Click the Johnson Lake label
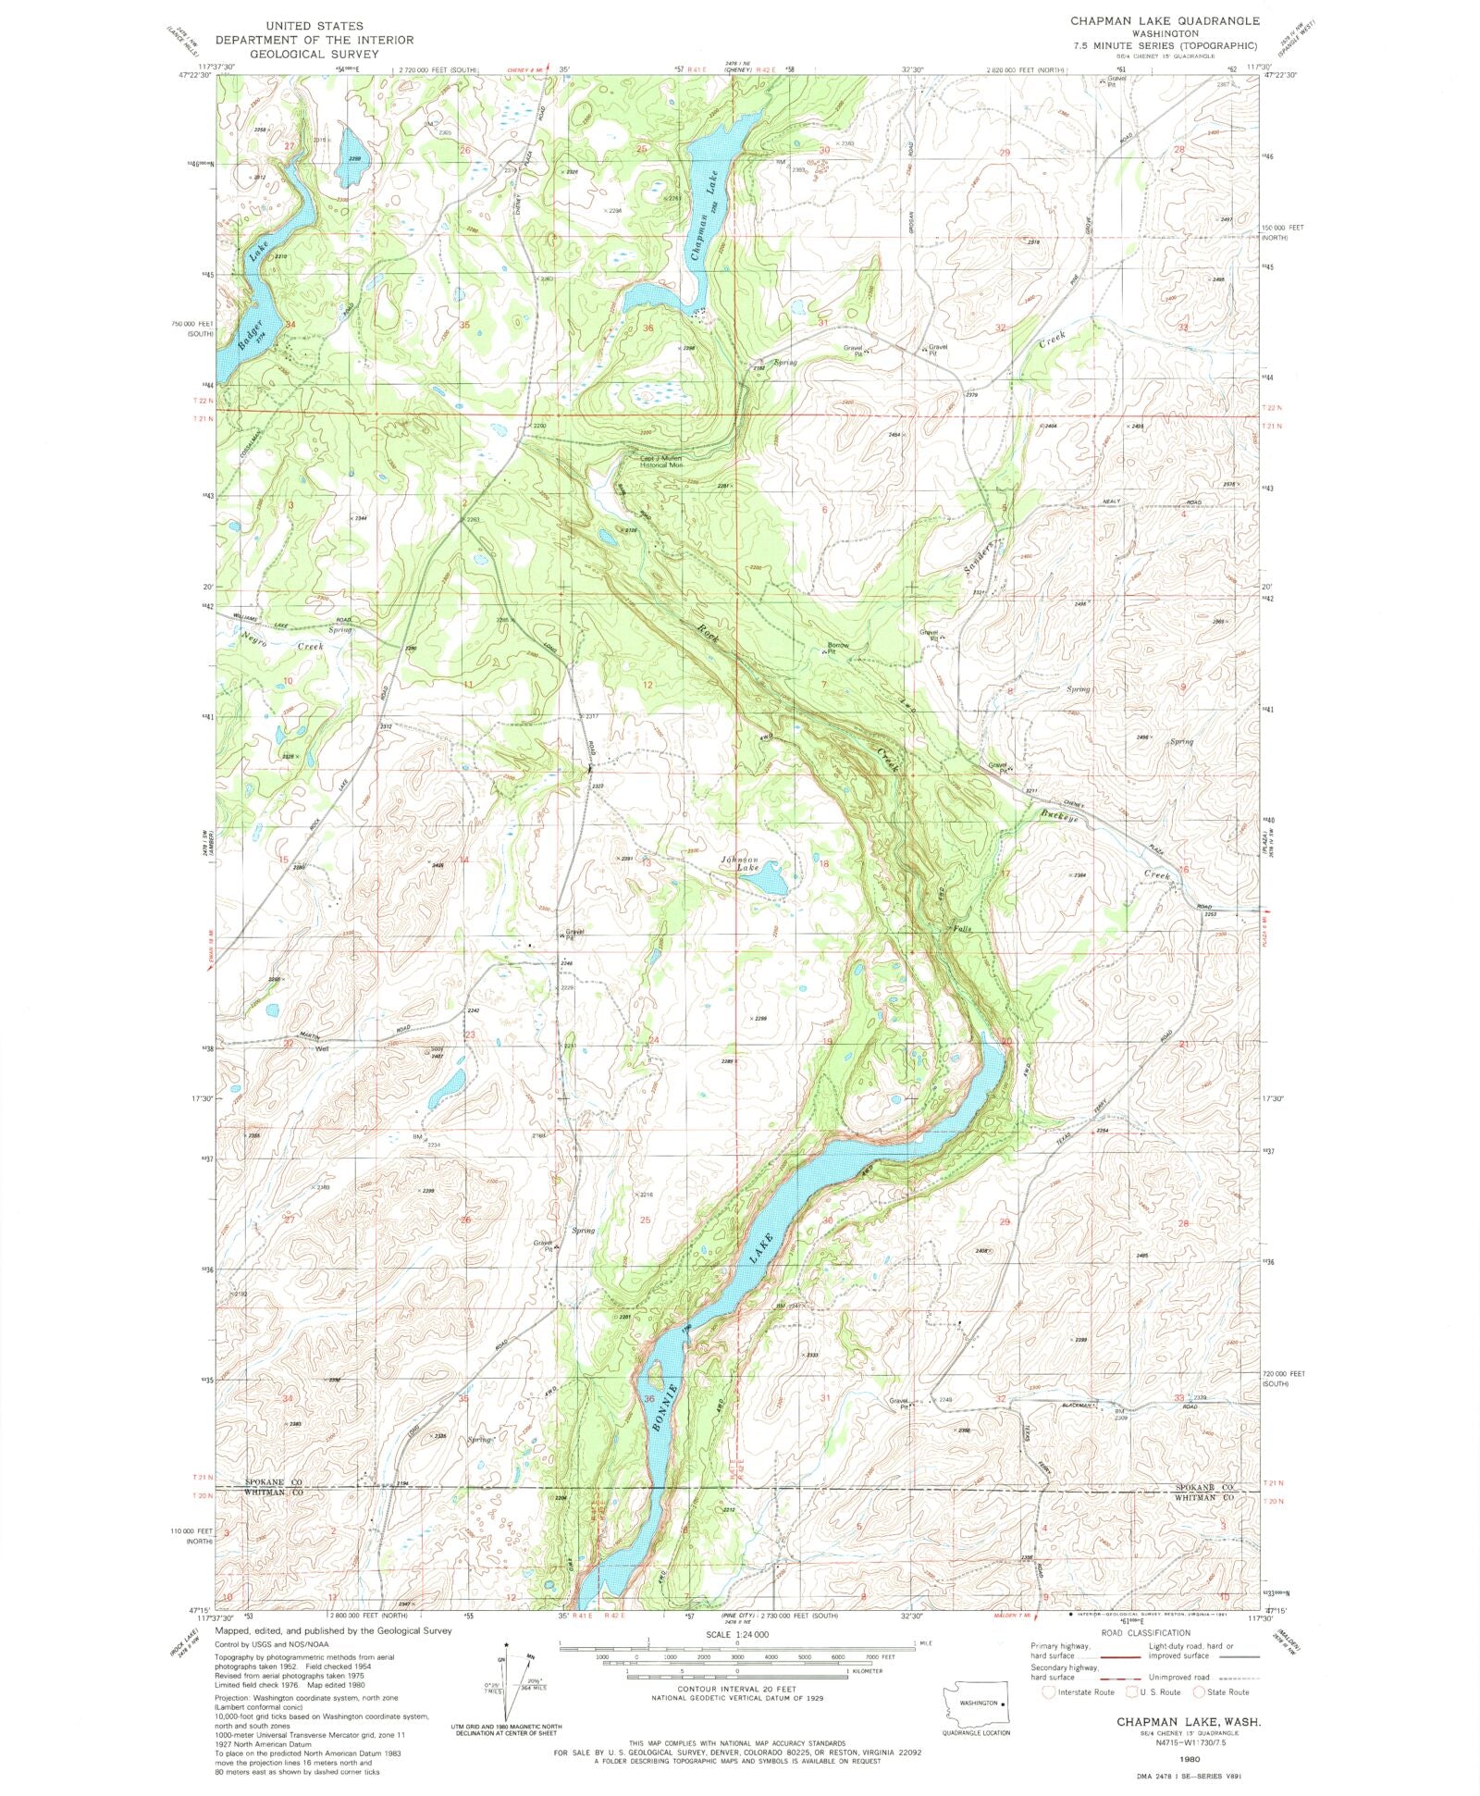click(x=740, y=863)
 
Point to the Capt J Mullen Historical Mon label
click(x=660, y=461)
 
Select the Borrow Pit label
click(x=837, y=648)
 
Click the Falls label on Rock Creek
click(x=960, y=928)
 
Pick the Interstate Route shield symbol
click(x=1048, y=1691)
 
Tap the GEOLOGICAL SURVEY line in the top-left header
click(x=314, y=54)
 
